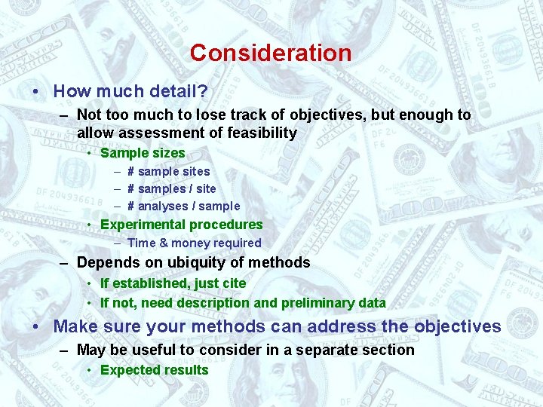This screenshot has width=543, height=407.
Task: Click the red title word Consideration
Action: tap(271, 53)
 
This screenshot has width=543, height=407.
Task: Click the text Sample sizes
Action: tap(143, 153)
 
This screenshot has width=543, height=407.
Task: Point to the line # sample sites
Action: tap(169, 171)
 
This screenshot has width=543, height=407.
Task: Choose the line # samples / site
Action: tap(171, 188)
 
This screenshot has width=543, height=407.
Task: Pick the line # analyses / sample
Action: tap(183, 206)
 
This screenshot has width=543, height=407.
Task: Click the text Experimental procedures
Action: tap(181, 225)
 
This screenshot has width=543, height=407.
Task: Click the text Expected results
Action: tap(154, 370)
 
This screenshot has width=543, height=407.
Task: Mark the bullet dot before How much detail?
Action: tap(37, 92)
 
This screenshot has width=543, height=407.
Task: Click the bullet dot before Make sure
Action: tap(37, 327)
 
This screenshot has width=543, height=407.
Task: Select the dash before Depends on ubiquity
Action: tap(65, 263)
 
